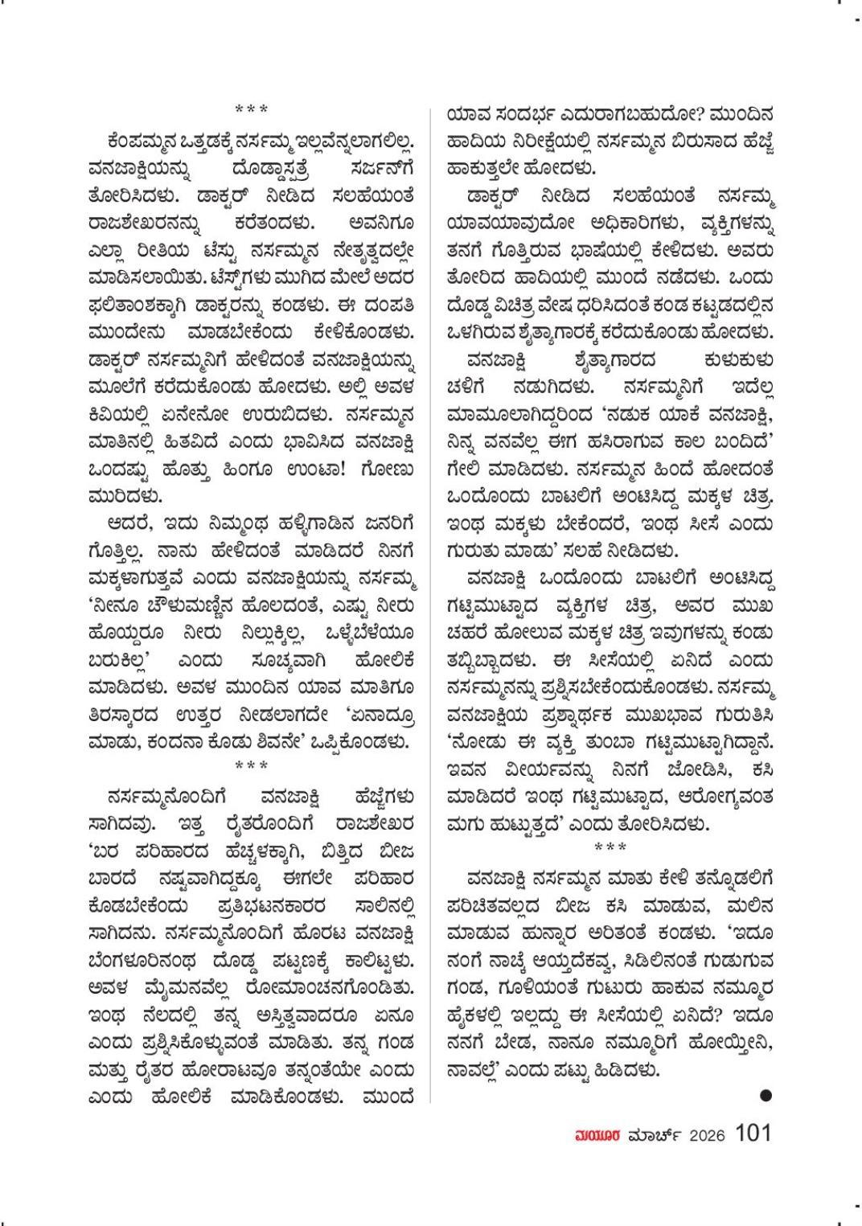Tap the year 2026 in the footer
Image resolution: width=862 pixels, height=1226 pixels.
click(707, 1135)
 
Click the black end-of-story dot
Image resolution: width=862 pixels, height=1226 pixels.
click(766, 1094)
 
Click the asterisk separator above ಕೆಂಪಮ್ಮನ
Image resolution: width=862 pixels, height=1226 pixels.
click(251, 108)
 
